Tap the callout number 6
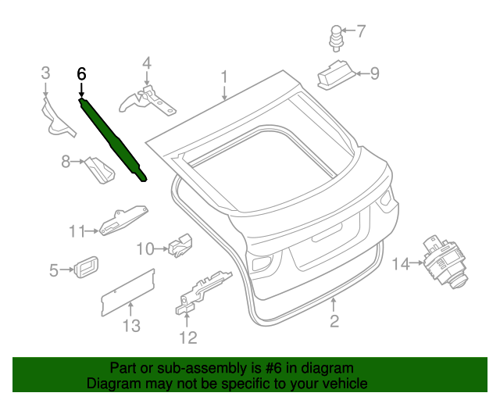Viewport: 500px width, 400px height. (81, 74)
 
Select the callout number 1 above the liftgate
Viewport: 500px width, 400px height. (224, 77)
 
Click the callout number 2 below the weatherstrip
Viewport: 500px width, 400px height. (334, 321)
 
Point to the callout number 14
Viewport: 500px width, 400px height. (400, 264)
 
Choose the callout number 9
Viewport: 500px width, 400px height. (374, 73)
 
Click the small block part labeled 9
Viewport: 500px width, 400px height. (334, 73)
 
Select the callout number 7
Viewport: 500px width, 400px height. (360, 31)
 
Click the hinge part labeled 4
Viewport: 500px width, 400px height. (146, 99)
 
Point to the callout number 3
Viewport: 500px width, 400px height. (45, 73)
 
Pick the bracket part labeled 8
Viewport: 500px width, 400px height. (98, 170)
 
